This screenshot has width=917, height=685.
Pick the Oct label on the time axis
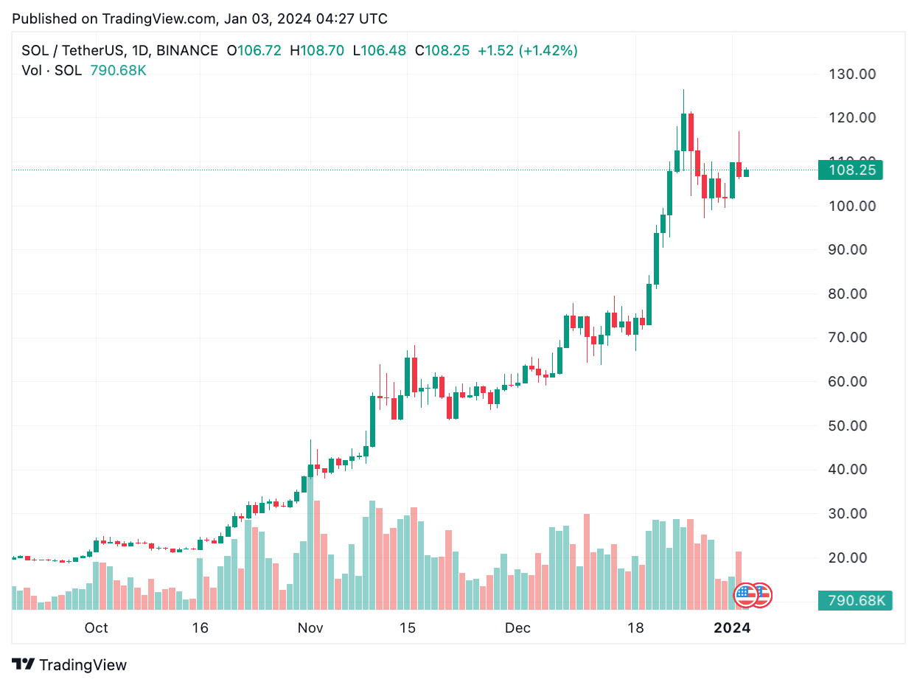[96, 627]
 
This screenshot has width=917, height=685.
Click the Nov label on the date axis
[311, 627]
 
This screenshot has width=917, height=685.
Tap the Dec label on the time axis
[518, 627]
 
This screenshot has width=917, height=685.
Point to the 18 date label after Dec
[635, 627]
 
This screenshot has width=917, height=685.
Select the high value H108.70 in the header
[317, 51]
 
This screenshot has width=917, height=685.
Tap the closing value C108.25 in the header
[442, 51]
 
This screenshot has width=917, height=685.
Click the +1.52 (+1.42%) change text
[528, 51]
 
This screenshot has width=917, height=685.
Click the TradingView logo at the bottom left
[70, 664]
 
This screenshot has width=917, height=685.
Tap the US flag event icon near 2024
[745, 594]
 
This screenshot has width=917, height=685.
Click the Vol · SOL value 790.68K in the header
[118, 71]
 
